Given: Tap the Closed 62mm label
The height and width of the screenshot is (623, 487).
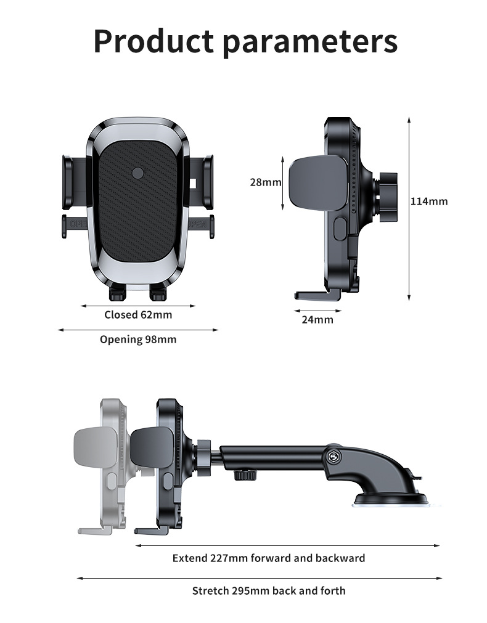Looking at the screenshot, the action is [x=138, y=315].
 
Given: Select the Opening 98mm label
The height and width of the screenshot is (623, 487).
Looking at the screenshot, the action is [x=138, y=340].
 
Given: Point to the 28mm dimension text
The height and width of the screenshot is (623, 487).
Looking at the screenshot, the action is [x=265, y=182].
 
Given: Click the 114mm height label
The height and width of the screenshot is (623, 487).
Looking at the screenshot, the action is [x=429, y=201].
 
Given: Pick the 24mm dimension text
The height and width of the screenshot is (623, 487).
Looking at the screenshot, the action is [x=317, y=319].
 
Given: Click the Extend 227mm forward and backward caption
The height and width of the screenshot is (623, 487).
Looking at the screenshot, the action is [x=268, y=558].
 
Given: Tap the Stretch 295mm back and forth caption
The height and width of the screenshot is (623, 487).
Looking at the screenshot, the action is [x=268, y=591].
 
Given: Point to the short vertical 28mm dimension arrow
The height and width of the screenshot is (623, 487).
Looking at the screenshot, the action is [x=284, y=182].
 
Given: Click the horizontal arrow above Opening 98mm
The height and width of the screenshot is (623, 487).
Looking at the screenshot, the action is [x=138, y=330].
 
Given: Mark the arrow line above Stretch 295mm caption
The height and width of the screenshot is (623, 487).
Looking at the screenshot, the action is [x=259, y=578].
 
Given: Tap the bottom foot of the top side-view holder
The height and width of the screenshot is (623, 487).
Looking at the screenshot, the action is [x=316, y=295].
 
